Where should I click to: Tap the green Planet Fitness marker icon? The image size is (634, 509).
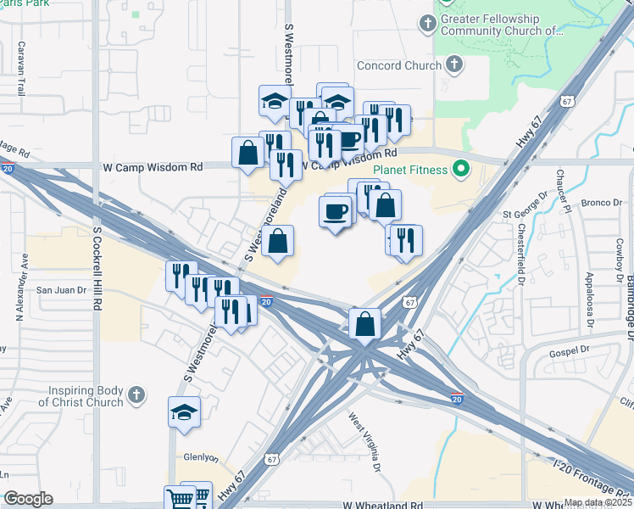click(x=461, y=170)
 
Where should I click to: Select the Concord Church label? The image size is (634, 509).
click(x=399, y=65)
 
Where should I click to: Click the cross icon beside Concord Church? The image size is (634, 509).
click(x=454, y=64)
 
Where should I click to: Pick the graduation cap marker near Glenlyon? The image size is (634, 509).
click(x=184, y=412)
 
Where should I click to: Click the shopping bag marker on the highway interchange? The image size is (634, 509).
click(x=364, y=323)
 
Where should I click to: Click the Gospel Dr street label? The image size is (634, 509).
click(x=568, y=350)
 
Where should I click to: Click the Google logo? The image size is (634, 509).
click(x=28, y=499)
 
